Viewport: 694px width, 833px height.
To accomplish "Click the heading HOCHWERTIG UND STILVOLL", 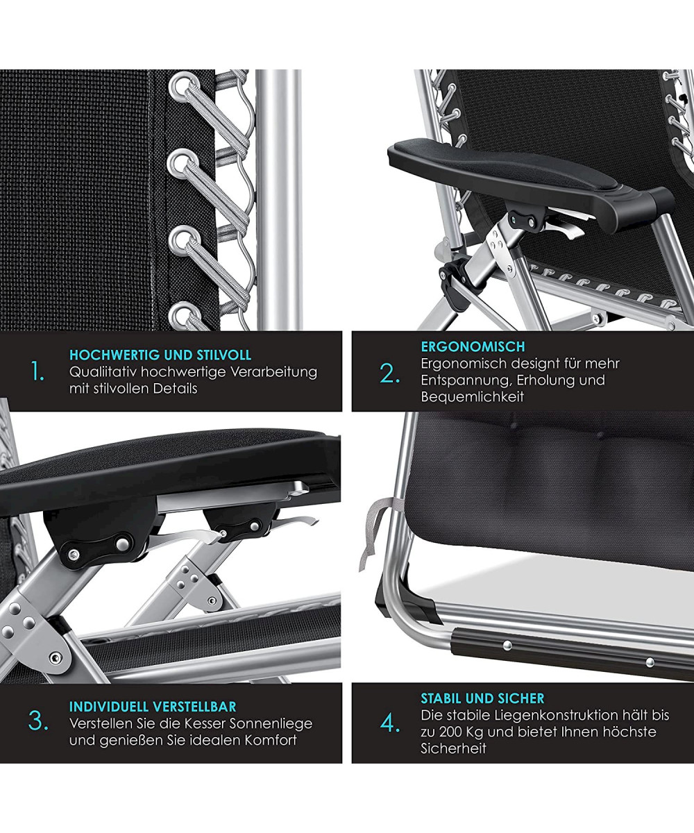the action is [x=160, y=355].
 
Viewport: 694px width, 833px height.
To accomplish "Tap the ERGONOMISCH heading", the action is [x=473, y=346].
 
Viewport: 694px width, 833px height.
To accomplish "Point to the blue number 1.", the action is [x=38, y=372].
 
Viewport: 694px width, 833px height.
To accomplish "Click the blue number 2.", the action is [x=389, y=374].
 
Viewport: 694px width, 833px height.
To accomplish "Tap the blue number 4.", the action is [x=389, y=723].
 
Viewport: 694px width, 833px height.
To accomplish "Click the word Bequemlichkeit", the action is [x=472, y=397].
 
